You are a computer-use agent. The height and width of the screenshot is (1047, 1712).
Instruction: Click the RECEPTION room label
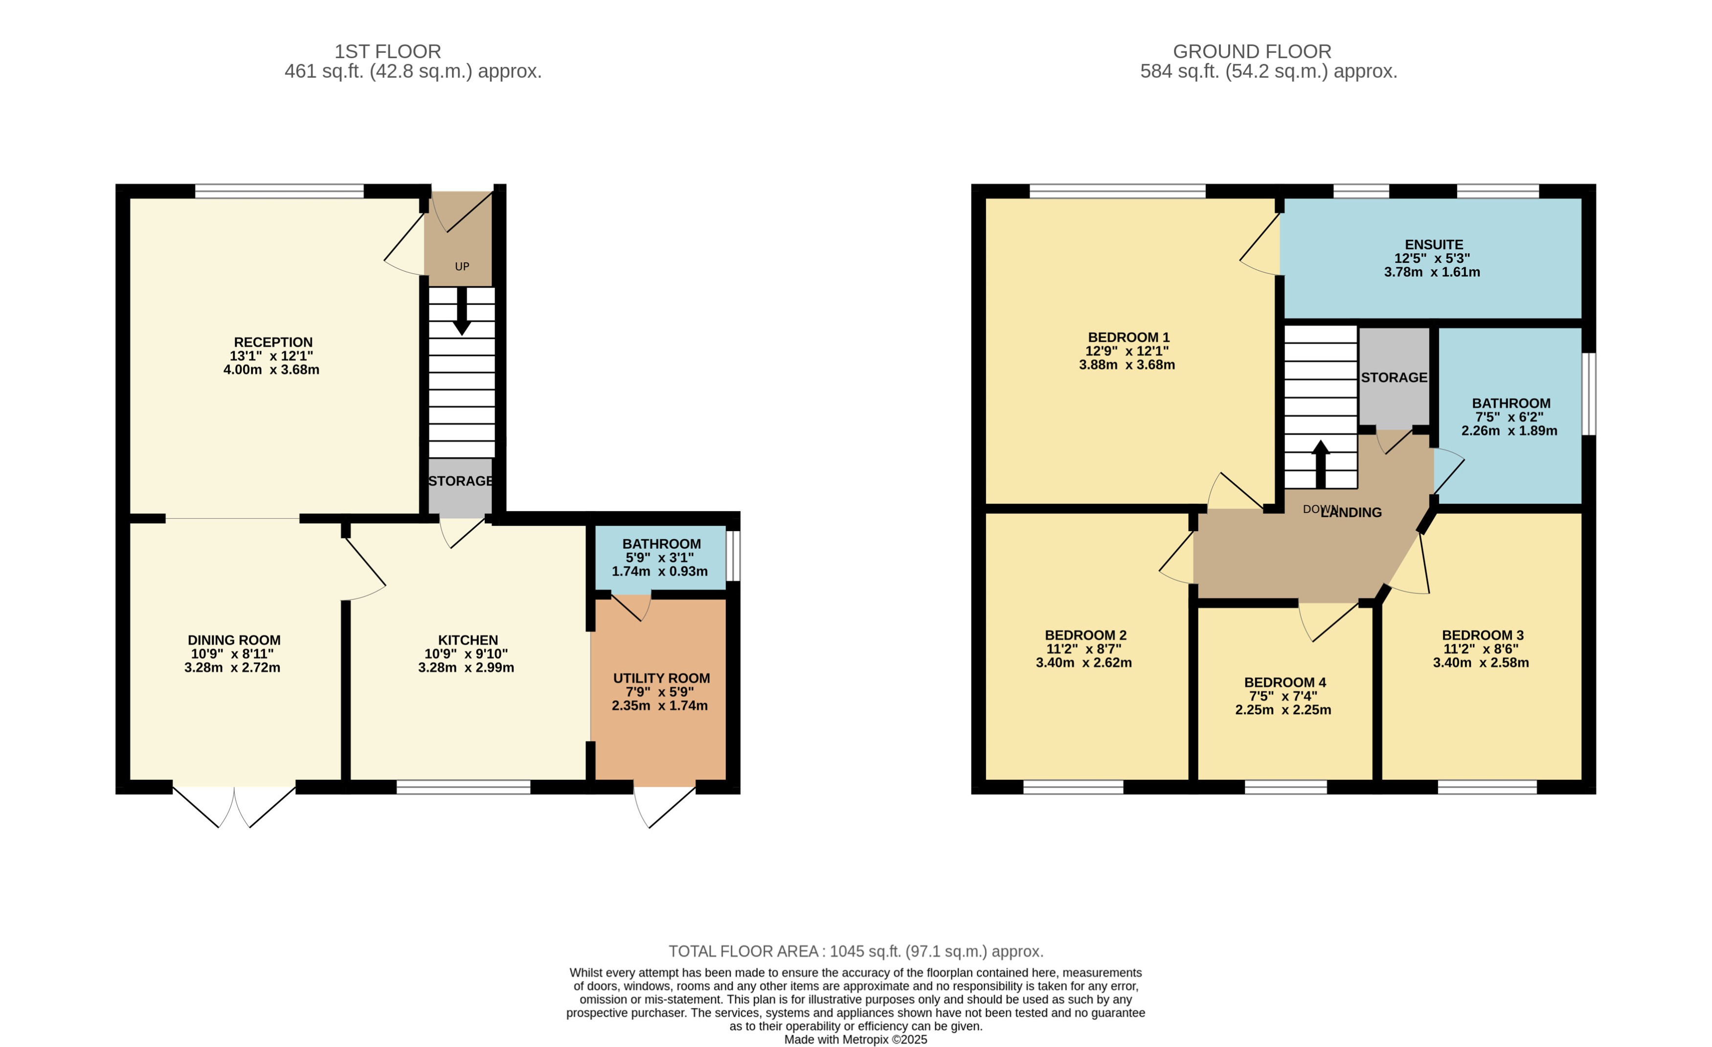273,342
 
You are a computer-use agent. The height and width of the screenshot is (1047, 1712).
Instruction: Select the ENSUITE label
1433,245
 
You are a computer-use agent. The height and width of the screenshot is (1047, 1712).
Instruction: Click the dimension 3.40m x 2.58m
1481,663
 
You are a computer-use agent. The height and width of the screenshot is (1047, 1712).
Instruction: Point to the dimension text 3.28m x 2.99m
466,668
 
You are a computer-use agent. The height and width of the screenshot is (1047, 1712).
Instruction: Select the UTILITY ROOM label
661,678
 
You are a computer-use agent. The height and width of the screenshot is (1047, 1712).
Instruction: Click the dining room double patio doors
234,807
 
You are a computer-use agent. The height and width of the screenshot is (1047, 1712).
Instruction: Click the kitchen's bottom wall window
463,787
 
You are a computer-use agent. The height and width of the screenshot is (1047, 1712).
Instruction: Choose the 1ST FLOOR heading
388,51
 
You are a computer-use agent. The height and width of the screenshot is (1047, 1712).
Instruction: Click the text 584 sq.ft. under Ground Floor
1179,71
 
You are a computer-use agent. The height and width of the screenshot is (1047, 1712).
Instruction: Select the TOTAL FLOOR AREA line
856,951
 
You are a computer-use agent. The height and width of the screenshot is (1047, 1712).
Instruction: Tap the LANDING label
1352,512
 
